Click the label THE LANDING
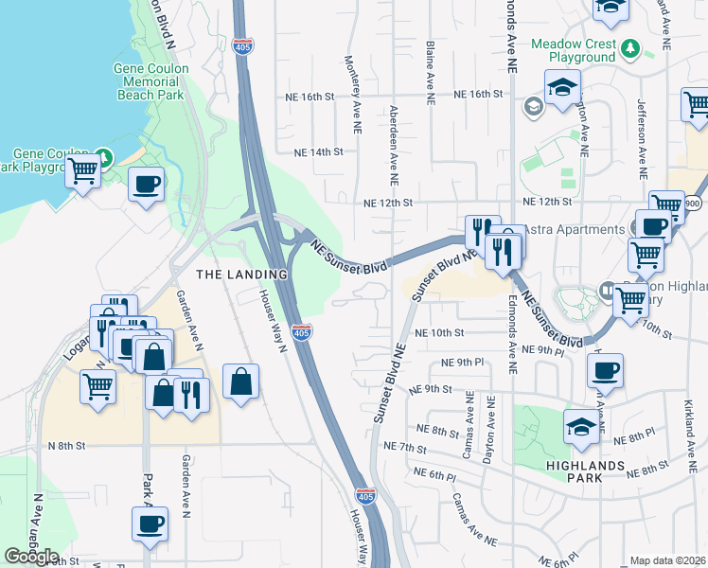240,274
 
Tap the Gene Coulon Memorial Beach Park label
150,82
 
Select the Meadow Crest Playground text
574,50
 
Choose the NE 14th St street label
317,151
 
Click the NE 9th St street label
431,389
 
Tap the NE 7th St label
405,446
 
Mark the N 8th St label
67,445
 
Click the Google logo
31,557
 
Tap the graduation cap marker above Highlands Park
580,427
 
